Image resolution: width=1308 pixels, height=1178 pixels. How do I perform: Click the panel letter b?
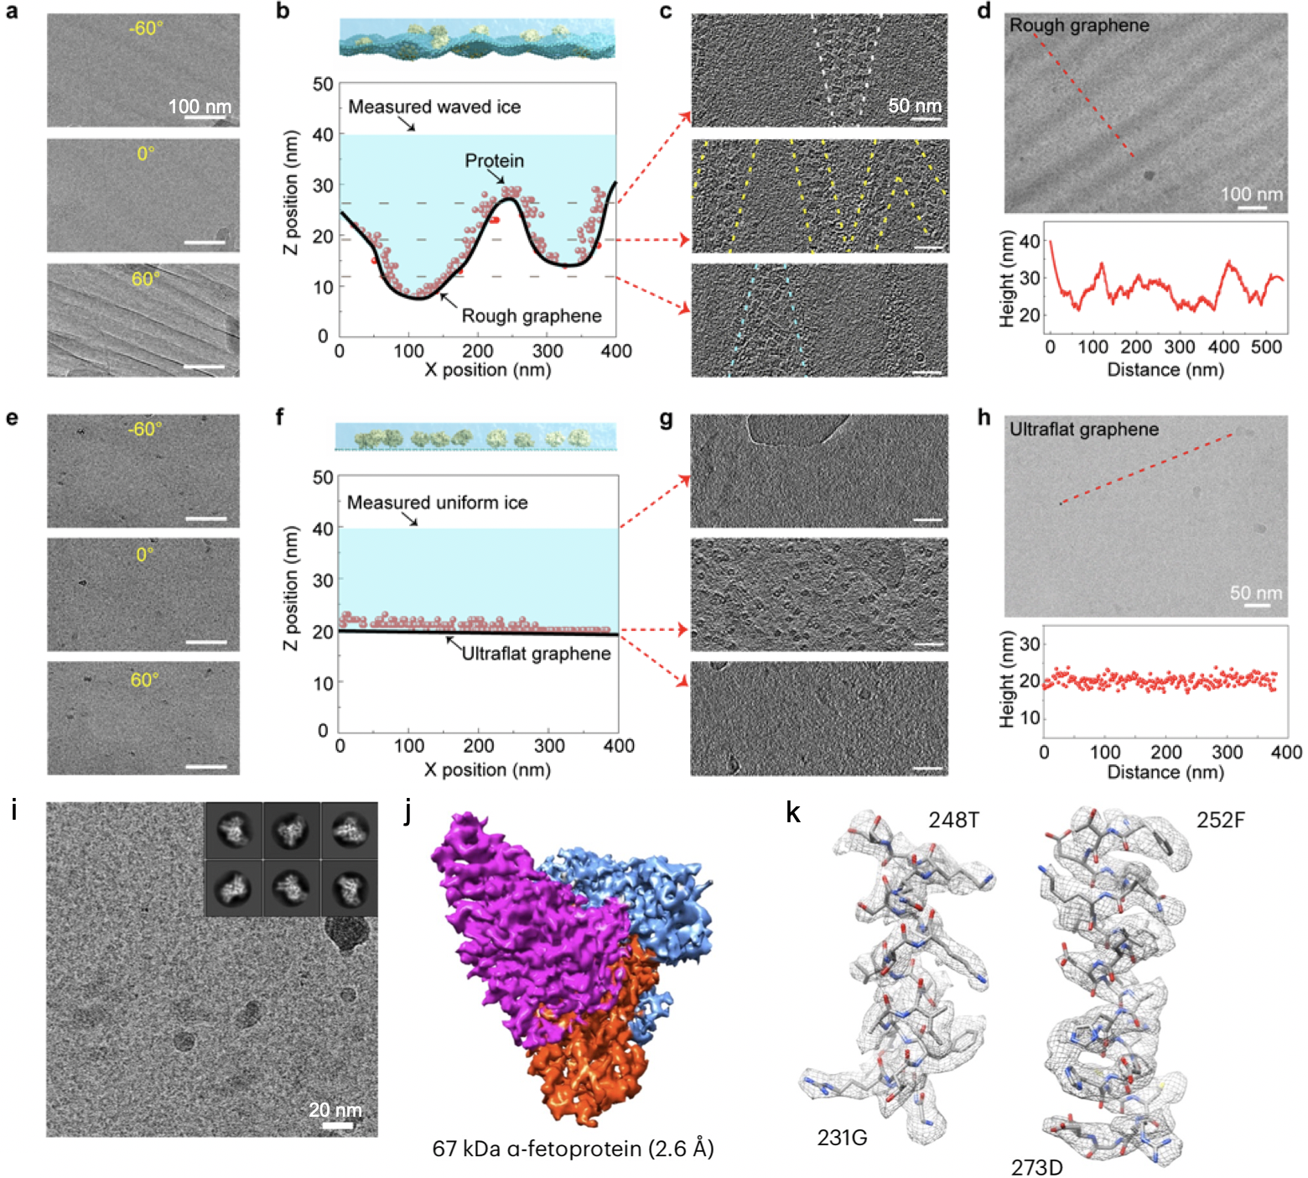coord(283,12)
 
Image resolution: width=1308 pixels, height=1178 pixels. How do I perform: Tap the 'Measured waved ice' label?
coord(434,107)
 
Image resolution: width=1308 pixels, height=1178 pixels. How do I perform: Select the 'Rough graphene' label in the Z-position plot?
coord(532,315)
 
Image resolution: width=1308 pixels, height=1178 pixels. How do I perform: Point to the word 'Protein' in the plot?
coord(494,160)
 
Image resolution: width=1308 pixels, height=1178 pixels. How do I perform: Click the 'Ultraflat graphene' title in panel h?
coord(1083,430)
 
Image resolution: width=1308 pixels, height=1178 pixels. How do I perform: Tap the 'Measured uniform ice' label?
coord(437,503)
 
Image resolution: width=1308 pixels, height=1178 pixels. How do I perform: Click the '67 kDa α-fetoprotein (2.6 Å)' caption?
coord(573,1148)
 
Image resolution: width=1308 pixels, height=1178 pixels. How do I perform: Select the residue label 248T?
coord(953,820)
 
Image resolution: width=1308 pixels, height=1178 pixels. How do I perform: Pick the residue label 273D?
coord(1036,1167)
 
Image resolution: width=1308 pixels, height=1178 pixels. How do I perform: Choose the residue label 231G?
coord(842,1138)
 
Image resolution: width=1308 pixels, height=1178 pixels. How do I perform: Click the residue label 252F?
coord(1220,820)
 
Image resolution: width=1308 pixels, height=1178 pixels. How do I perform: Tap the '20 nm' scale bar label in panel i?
coord(335,1110)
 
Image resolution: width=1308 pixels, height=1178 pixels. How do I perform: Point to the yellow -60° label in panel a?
coord(146,29)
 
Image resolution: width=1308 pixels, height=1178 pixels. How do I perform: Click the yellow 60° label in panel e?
coord(144,680)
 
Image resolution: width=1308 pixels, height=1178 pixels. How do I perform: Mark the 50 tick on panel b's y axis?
coord(323,84)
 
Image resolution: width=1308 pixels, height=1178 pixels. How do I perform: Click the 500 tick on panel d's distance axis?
coord(1266,347)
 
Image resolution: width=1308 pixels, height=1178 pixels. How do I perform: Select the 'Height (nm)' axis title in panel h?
coord(1008,680)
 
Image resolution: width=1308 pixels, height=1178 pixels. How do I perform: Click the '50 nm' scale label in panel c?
coord(915,106)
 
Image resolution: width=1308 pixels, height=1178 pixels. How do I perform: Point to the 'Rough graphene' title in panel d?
coord(1078,25)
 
